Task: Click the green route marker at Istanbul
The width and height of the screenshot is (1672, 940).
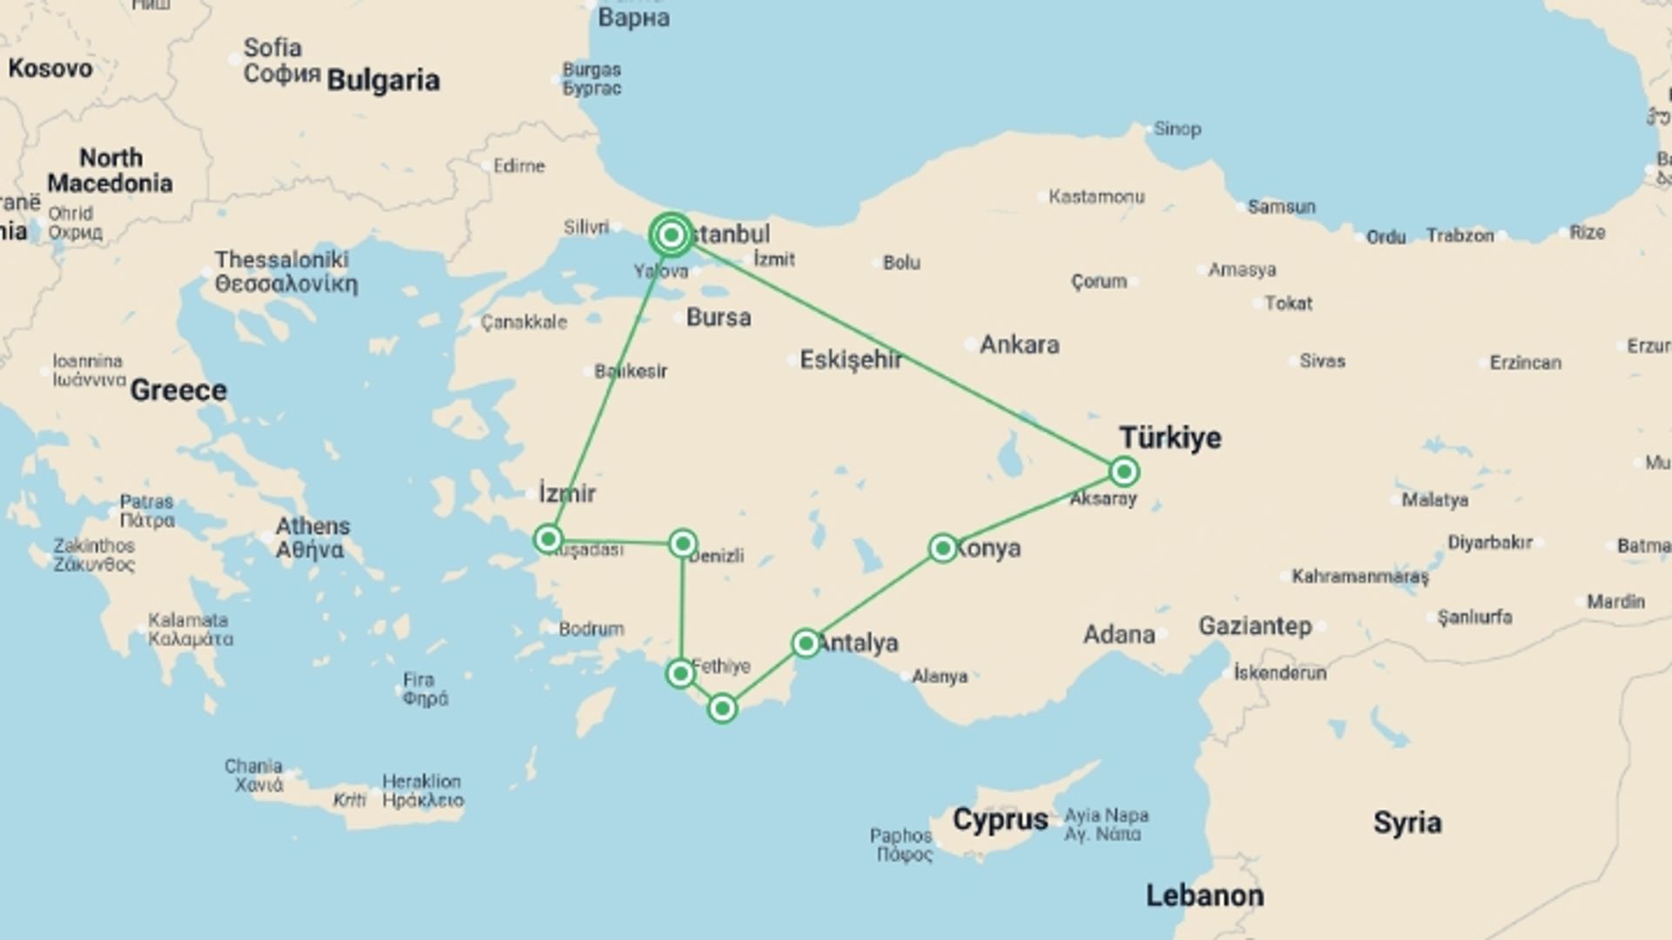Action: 671,235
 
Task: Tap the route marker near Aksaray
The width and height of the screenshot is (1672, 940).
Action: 1124,472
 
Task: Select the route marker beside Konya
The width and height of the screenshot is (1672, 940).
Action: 942,548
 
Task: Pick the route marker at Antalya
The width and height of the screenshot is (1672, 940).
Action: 806,643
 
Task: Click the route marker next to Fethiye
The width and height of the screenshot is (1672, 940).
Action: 679,674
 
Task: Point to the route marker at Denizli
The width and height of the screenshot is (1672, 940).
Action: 683,544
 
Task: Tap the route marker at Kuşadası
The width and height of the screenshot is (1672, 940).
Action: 548,540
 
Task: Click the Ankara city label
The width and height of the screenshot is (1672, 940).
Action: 1019,345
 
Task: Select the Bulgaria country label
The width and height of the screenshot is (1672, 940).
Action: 383,80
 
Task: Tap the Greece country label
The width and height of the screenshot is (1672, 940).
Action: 179,390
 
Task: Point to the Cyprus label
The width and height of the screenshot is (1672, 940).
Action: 1000,819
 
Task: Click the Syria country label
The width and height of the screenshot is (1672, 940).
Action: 1407,822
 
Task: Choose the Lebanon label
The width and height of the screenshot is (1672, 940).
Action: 1204,896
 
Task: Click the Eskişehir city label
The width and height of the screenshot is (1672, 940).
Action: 851,359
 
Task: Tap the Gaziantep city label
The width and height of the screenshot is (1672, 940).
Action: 1255,626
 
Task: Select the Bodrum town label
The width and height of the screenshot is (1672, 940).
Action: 591,628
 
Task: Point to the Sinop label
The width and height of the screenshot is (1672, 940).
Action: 1177,129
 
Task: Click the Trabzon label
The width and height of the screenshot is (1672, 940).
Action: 1460,235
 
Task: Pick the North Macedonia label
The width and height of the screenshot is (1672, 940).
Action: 110,171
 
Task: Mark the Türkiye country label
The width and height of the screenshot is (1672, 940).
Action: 1170,437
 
